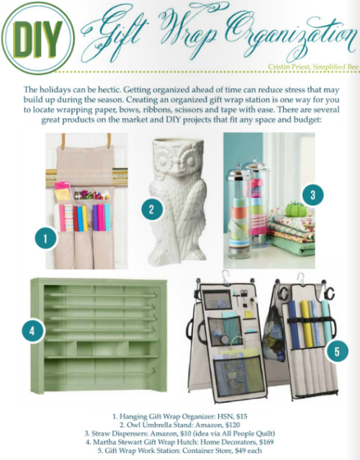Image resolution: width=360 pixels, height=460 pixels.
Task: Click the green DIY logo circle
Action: [x=37, y=38]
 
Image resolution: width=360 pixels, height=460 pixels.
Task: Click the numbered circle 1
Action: [x=45, y=238]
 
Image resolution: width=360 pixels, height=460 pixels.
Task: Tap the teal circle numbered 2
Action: [x=151, y=209]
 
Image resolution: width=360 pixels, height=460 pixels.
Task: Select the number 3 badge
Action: [x=312, y=195]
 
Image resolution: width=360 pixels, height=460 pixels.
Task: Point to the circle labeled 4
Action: [x=32, y=331]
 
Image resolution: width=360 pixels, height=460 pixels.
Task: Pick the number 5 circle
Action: [x=337, y=351]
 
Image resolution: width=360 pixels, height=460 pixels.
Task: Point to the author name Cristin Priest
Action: [x=289, y=67]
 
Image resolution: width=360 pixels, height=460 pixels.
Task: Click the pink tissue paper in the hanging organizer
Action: [x=63, y=190]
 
